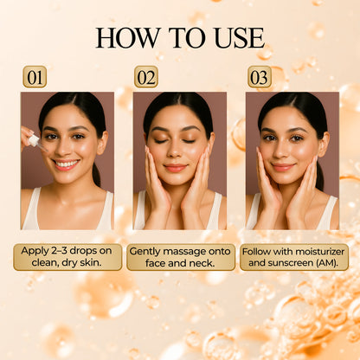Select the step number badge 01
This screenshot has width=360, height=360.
coord(35,76)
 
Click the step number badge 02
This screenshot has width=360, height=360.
coord(146,76)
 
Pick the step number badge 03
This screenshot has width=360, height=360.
coord(259,76)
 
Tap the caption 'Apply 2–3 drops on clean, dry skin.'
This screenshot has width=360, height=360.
coord(67,256)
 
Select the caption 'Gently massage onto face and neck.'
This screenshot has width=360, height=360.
coord(179,256)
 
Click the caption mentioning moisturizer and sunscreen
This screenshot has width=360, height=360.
coord(293,256)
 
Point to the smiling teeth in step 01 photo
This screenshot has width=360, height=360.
coord(67,163)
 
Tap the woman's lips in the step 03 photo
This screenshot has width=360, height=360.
coord(283,165)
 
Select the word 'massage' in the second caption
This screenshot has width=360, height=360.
coord(192,250)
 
